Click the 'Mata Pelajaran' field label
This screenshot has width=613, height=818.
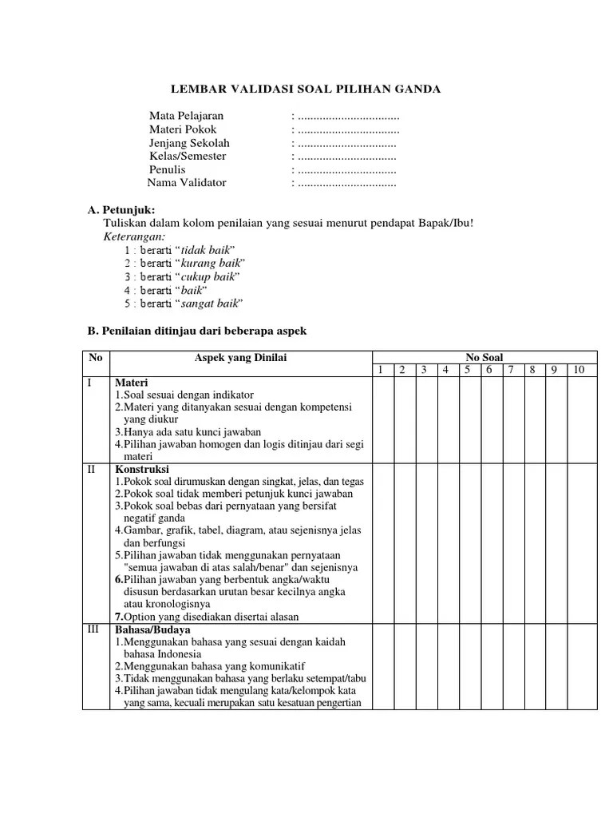click(186, 116)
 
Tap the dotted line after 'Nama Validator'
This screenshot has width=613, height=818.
click(346, 183)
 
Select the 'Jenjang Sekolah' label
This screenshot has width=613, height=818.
click(189, 143)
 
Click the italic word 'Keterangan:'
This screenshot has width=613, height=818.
click(134, 236)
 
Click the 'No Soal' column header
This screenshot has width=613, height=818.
click(484, 357)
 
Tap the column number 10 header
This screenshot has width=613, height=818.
click(579, 369)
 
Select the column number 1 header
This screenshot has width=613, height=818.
click(381, 369)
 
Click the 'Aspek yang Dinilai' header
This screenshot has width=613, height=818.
click(240, 358)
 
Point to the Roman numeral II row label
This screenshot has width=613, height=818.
click(93, 469)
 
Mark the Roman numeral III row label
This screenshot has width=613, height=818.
click(93, 629)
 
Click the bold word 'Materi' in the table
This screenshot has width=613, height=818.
click(132, 383)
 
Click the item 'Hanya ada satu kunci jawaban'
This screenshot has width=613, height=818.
click(190, 432)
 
